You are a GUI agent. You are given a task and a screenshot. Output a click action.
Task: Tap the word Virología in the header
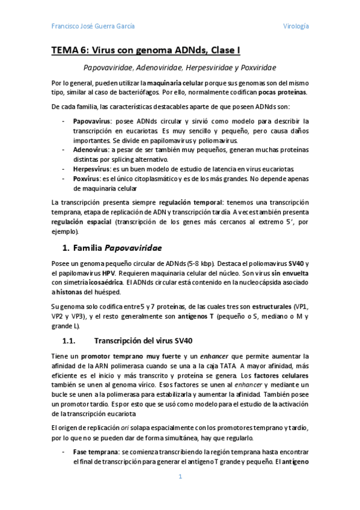[x=296, y=26]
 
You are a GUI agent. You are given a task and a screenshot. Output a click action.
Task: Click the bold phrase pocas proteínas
[x=282, y=92]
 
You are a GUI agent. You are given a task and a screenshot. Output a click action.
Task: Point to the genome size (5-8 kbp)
[x=197, y=263]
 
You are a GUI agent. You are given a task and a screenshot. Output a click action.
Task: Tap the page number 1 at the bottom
[x=180, y=476]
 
